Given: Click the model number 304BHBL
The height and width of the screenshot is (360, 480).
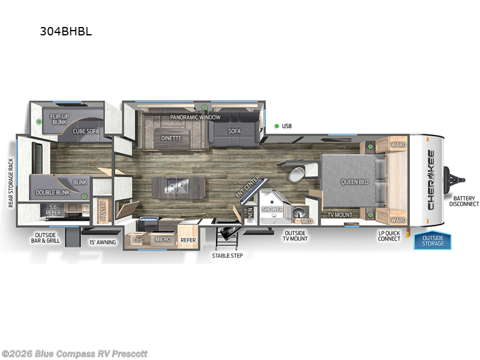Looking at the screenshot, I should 65,32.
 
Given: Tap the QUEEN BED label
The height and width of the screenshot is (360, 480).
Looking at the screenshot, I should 355,182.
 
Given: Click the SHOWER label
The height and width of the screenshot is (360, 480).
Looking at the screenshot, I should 272,209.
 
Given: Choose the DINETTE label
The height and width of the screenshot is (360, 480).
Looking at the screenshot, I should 171,138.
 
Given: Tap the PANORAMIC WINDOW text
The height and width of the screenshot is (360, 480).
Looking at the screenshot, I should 195,117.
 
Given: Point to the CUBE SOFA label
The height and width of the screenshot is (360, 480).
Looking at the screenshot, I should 86,130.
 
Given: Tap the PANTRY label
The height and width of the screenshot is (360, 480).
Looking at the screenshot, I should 103,214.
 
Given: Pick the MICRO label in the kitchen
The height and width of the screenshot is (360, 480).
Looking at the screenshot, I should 163,239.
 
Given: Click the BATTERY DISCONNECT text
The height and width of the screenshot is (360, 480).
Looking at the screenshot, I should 466,201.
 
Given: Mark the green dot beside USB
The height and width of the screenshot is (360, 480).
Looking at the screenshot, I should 277,126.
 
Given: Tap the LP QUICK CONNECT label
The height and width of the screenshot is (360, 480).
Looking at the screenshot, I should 389,235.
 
